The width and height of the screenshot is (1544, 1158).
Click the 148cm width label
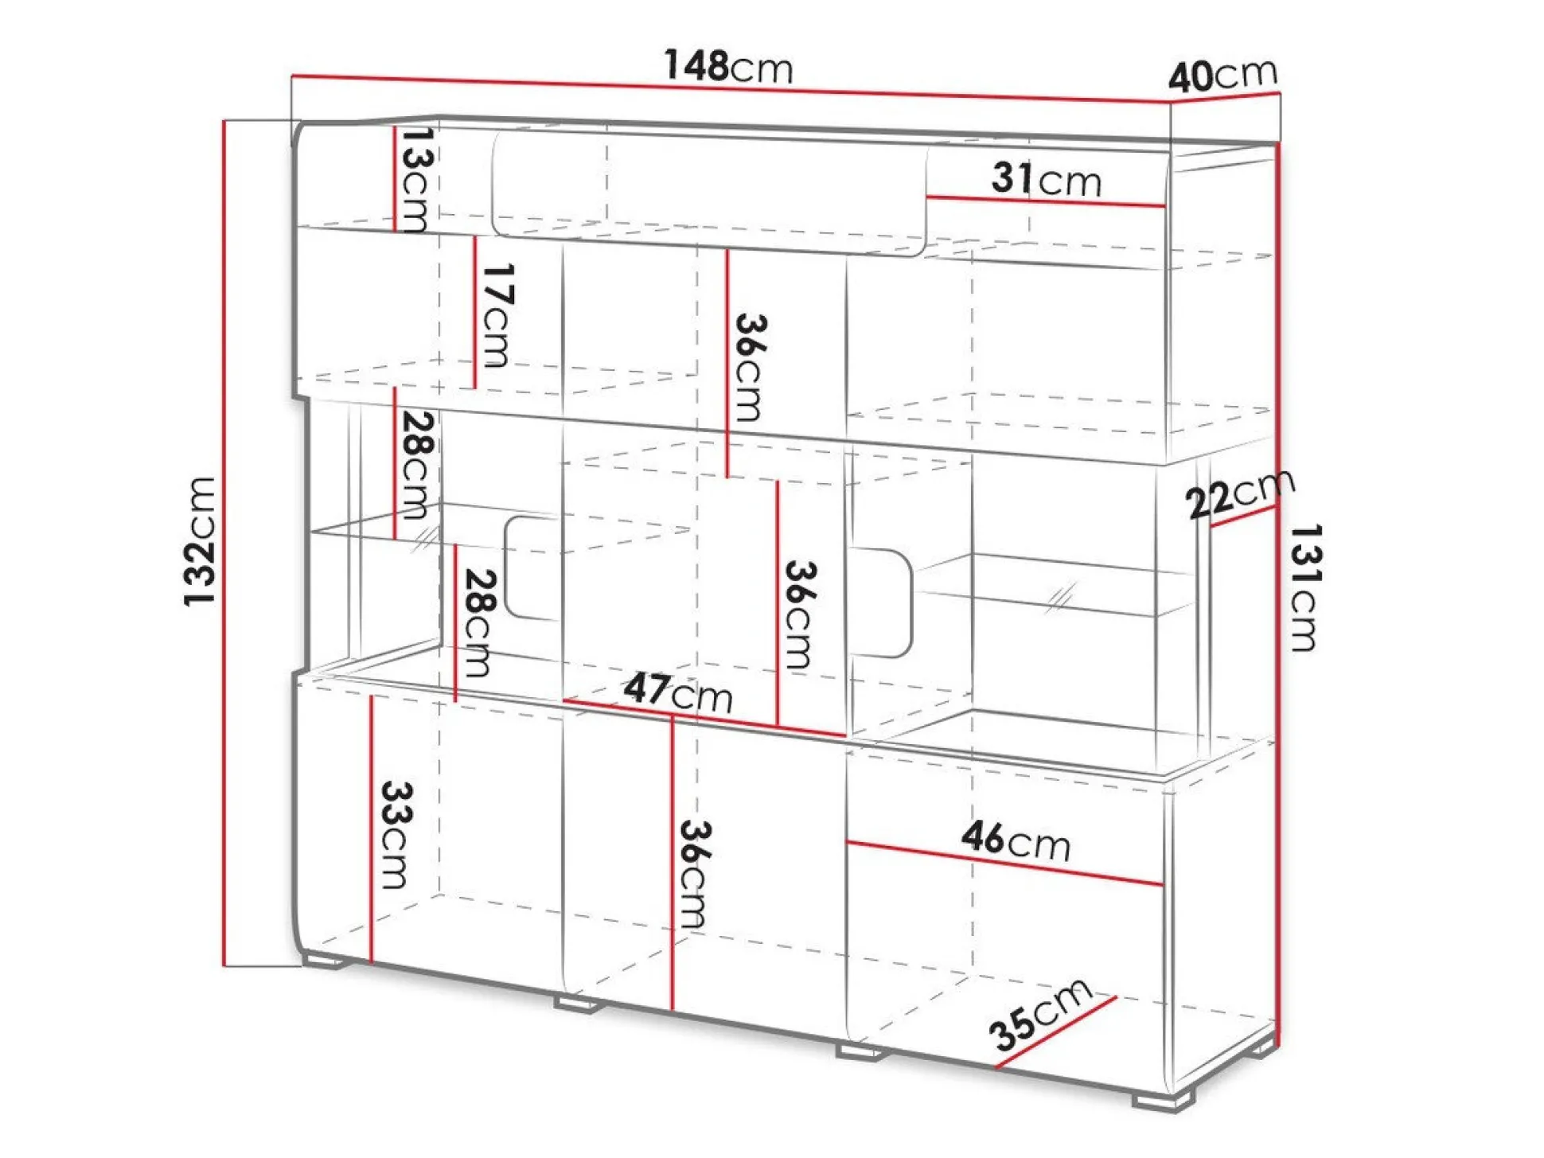[x=728, y=66]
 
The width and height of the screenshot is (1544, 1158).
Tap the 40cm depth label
[x=1223, y=76]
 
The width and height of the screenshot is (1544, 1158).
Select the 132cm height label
[x=199, y=541]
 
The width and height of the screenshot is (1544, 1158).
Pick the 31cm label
[x=1047, y=179]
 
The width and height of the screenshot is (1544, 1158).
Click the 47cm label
[x=678, y=692]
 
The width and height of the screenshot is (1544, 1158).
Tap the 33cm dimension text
[x=396, y=834]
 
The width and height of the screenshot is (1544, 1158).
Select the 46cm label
[x=1016, y=840]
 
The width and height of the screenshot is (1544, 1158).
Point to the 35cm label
[x=1039, y=1015]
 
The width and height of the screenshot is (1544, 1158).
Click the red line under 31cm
[x=1046, y=201]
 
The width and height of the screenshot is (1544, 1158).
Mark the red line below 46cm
[x=1004, y=863]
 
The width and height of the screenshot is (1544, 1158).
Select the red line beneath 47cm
[x=704, y=718]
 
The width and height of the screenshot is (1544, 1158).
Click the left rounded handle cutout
[x=532, y=567]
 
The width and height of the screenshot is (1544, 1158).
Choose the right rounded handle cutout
[x=881, y=602]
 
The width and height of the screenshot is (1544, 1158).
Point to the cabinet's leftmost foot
[x=324, y=961]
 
